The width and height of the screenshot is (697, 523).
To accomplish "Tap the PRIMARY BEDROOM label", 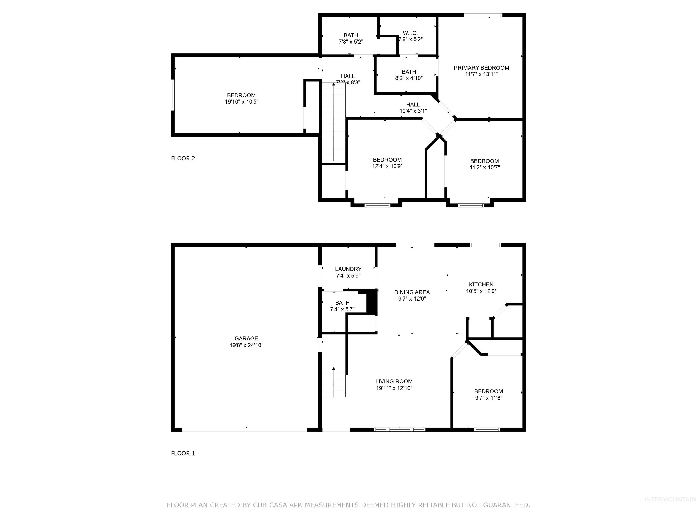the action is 481,68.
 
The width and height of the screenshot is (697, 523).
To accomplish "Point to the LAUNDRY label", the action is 348,269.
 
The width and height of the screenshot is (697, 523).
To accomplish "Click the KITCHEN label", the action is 481,284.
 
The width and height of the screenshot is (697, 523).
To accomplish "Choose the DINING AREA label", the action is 412,292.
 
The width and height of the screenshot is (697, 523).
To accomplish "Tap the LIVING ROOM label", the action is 394,381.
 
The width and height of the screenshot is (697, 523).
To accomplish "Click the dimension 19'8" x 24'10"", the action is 246,345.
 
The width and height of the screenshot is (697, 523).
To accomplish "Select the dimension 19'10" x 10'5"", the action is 241,102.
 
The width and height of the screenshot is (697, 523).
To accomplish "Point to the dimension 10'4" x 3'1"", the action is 413,111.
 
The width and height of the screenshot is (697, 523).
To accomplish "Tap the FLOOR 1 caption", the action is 183,453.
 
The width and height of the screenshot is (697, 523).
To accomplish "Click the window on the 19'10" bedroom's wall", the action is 173,95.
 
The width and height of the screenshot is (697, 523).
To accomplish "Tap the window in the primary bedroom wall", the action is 483,15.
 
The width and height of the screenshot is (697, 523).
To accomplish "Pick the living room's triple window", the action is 400,429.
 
